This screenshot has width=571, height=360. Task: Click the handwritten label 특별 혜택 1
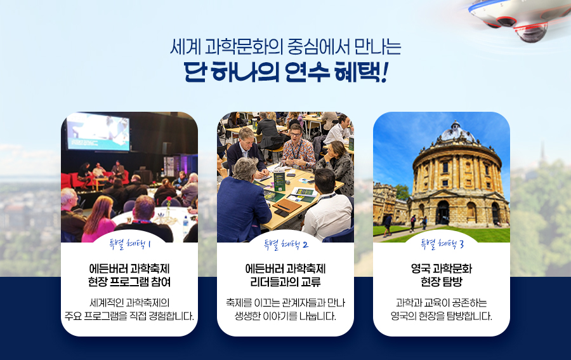coord(129,244)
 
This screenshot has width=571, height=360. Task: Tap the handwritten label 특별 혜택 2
coord(286,244)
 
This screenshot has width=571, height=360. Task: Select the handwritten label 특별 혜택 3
coord(442,244)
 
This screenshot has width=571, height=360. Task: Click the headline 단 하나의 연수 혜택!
coord(285,72)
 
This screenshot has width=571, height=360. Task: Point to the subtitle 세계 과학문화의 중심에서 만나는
coord(285,46)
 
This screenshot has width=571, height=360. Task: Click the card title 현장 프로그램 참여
coord(129,282)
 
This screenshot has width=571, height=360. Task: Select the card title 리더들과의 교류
coord(285,282)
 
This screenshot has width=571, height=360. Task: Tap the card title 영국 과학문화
coord(442,269)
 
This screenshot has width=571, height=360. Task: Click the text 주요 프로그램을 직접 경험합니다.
coord(129,316)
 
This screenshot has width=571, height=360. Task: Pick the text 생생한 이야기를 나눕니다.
coord(285,316)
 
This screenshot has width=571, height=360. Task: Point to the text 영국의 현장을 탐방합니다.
coord(442,316)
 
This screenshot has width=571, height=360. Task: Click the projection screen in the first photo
coord(98,131)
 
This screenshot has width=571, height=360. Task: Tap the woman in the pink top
coord(98,219)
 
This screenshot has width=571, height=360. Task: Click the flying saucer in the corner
coord(517,18)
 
